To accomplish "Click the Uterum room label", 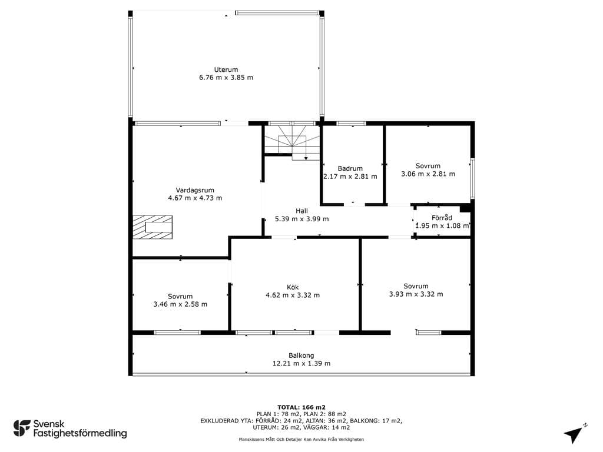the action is [226, 69].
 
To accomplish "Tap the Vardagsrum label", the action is [195, 190].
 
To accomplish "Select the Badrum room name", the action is [350, 168].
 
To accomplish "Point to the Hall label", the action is [301, 211].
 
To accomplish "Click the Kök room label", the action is [293, 287].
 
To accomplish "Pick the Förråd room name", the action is [442, 218].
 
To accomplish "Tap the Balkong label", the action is [301, 355].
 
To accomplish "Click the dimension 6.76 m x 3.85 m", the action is [226, 77].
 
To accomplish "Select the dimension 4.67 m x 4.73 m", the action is [195, 198].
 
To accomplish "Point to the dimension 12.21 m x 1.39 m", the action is [301, 363].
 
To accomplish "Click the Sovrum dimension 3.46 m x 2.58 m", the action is [180, 304].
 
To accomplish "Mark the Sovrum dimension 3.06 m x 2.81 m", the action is [428, 174].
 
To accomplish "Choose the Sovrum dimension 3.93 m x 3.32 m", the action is [416, 294].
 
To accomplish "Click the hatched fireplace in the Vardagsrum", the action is [153, 227].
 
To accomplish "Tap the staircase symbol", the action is [292, 143].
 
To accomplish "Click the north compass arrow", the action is [573, 434].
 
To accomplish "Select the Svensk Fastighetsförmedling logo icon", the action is [22, 428].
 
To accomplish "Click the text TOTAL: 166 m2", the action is [301, 407].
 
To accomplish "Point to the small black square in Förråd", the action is [465, 208].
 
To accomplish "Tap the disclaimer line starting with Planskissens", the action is [301, 439].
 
